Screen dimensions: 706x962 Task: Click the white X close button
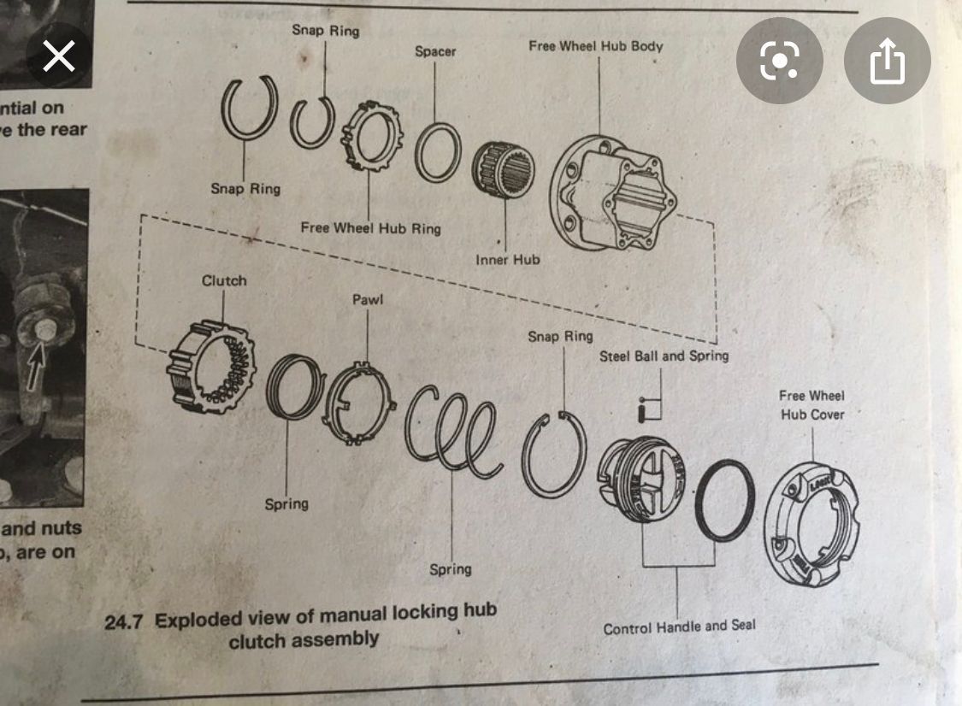[x=58, y=57]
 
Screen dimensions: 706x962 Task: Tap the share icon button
[x=887, y=61]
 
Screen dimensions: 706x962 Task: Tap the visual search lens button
[x=779, y=61]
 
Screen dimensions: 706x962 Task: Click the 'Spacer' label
[x=435, y=51]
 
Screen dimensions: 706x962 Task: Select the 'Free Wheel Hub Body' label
[x=595, y=45]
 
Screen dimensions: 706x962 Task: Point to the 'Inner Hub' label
[x=508, y=259]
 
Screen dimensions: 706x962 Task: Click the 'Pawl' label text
[x=367, y=301]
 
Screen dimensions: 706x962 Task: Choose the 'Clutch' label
[x=224, y=280]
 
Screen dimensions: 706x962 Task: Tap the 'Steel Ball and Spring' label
[x=664, y=355]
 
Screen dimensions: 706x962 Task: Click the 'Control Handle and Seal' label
[x=679, y=627]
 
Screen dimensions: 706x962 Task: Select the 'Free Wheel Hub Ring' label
[x=370, y=228]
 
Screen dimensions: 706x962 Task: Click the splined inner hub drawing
[x=505, y=169]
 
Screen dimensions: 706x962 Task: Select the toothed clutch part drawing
[x=214, y=368]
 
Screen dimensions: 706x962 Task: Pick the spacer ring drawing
[x=439, y=152]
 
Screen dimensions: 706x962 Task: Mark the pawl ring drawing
[x=359, y=402]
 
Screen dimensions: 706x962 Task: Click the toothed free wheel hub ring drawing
[x=372, y=137]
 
